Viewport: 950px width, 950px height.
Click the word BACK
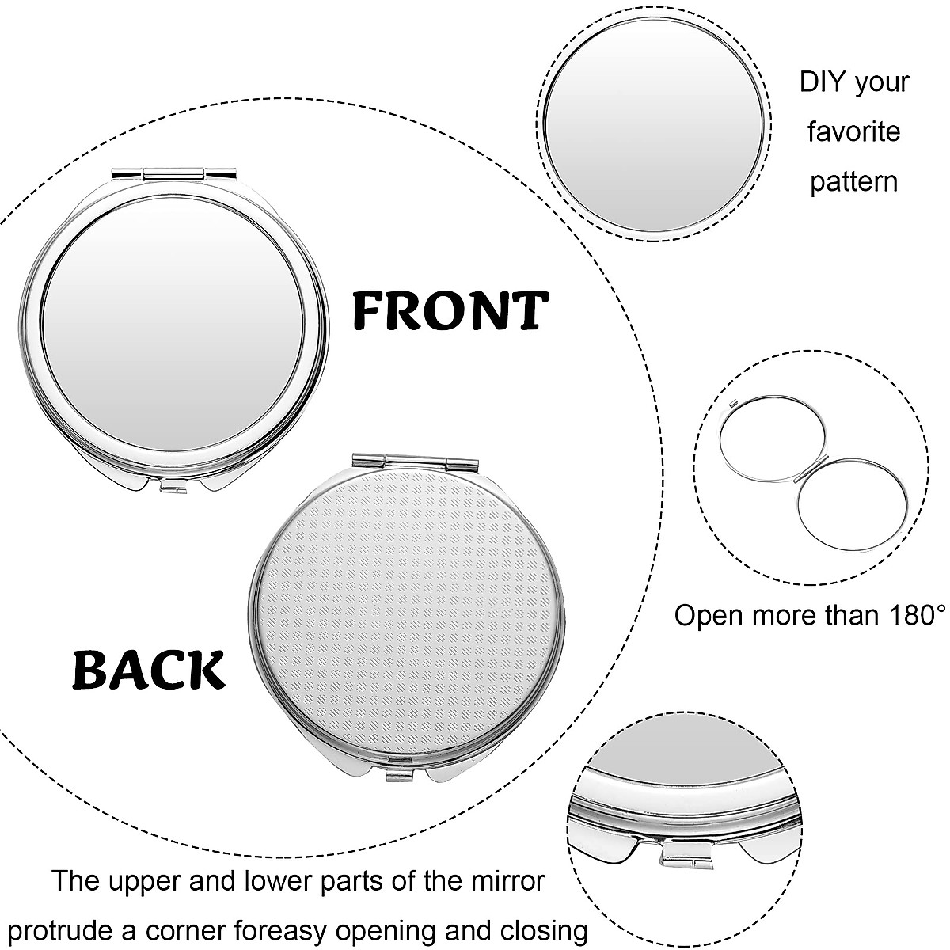click(149, 670)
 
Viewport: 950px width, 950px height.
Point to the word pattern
click(853, 181)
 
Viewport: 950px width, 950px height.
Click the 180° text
click(907, 615)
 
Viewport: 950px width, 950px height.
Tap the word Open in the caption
click(707, 615)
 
